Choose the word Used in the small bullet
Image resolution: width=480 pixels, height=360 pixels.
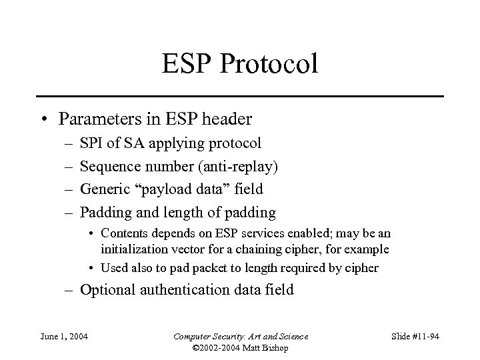(x=113, y=268)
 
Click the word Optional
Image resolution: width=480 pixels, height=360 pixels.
(x=108, y=290)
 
